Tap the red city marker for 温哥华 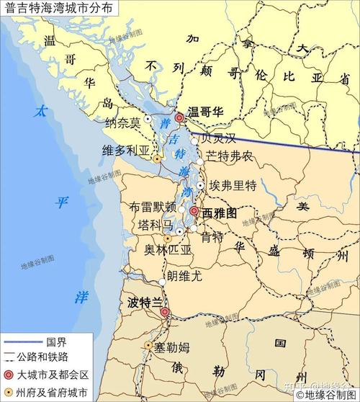179,117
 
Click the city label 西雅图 219,213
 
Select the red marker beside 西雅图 194,211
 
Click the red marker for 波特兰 165,312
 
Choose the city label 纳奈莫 123,123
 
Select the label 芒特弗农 229,156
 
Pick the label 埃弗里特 233,186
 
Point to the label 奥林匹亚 168,250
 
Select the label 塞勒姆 172,347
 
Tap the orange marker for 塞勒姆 149,346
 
